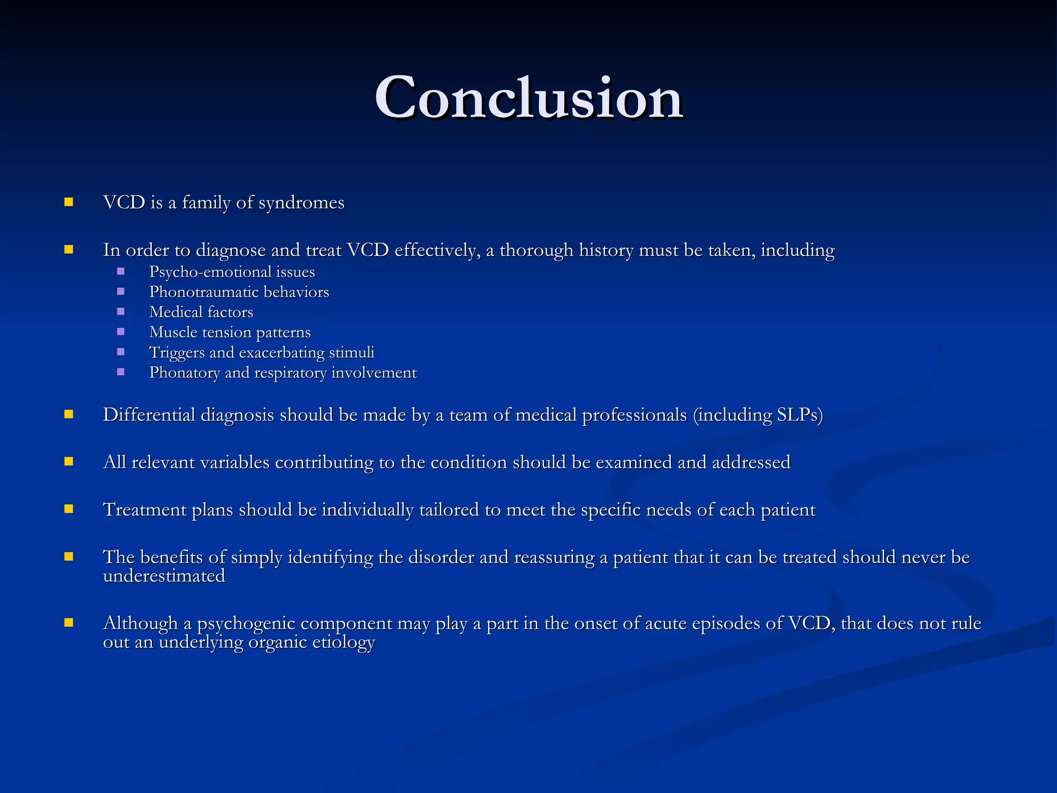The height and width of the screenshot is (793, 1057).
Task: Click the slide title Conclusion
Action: click(x=528, y=98)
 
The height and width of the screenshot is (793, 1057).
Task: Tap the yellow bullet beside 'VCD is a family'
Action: click(x=69, y=202)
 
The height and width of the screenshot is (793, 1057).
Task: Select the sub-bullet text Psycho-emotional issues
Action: click(x=232, y=272)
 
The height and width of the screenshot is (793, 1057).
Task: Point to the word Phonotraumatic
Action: click(x=204, y=292)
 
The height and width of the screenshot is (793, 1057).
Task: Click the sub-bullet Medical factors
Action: click(x=201, y=312)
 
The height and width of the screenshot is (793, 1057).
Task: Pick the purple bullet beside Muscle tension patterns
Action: click(x=121, y=332)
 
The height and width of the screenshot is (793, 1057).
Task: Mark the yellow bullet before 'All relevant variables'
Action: click(x=69, y=462)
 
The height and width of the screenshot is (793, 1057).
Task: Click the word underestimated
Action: click(x=164, y=576)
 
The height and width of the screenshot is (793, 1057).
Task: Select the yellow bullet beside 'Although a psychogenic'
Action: click(x=69, y=623)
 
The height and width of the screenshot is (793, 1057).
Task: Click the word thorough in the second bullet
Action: click(x=536, y=250)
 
